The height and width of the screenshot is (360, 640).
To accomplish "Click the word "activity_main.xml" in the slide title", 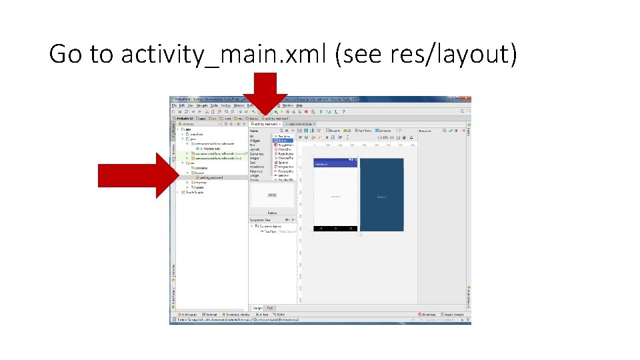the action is tap(225, 54).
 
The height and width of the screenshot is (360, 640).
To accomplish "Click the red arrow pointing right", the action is tap(136, 175).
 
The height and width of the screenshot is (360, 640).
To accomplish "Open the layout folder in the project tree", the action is tap(199, 173).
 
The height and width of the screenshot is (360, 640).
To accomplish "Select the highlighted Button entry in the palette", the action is tap(283, 141).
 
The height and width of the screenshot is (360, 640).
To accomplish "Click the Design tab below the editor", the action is tap(257, 308).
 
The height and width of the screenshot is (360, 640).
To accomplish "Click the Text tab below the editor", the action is tap(270, 308).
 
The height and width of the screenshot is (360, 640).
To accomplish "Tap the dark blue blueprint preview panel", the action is tap(381, 197).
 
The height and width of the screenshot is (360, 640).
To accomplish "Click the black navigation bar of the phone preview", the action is tap(335, 229).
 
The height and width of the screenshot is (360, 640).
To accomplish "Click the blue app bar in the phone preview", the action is tap(335, 163).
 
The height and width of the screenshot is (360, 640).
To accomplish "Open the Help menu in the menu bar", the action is tap(299, 105).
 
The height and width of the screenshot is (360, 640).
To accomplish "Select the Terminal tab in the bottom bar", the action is tap(211, 314).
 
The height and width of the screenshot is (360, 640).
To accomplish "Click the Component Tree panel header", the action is tap(261, 219).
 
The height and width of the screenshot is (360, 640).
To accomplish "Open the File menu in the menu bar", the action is tap(174, 105).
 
